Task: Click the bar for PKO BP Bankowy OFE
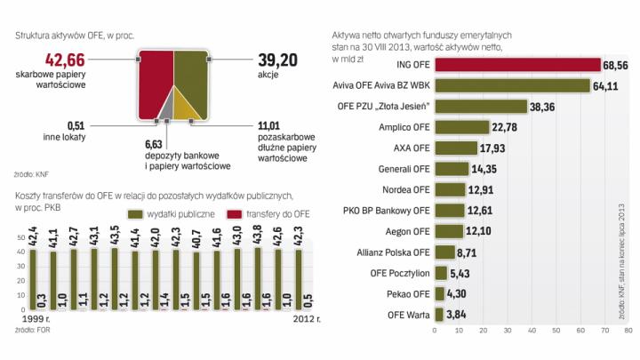coord(450,210)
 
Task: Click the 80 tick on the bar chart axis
coord(627,331)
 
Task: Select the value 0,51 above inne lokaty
coord(80,127)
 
